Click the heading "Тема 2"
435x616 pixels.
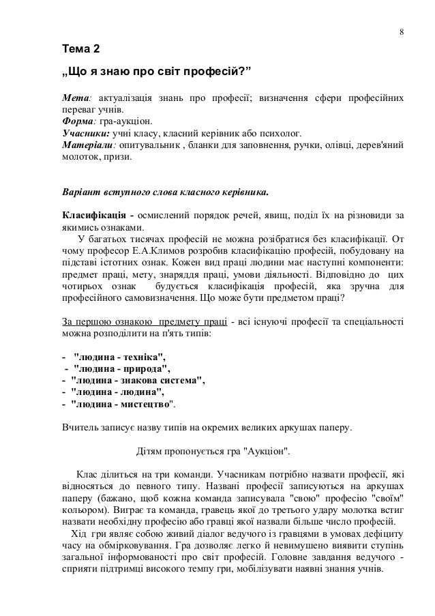pos(80,50)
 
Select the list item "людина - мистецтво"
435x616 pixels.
pos(122,404)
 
